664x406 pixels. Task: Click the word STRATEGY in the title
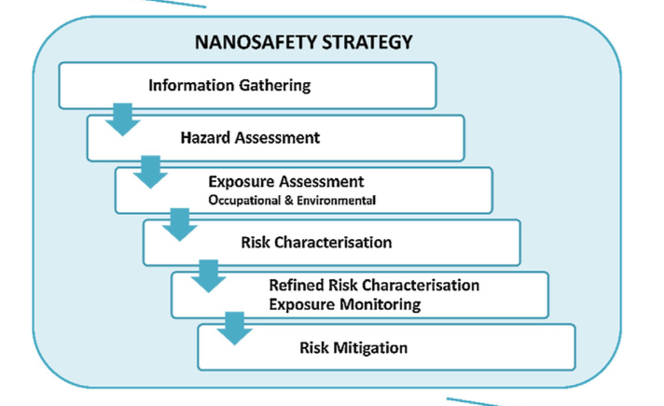click(367, 42)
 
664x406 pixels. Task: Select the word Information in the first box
click(191, 85)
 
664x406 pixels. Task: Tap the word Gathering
click(275, 86)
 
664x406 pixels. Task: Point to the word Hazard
click(206, 138)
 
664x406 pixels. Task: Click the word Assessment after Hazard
click(278, 138)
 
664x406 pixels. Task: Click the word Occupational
click(244, 200)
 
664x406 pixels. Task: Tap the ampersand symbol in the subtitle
click(289, 200)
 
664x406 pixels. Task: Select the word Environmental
click(337, 200)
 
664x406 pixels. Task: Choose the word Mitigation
click(370, 348)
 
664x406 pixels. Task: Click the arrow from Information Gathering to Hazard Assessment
click(123, 119)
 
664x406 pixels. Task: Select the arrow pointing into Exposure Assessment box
click(150, 172)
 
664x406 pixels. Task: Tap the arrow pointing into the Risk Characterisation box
click(180, 225)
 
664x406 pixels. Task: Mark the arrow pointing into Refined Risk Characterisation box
click(208, 276)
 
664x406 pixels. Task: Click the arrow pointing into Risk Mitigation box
click(235, 329)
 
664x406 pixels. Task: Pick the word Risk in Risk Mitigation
click(314, 348)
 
